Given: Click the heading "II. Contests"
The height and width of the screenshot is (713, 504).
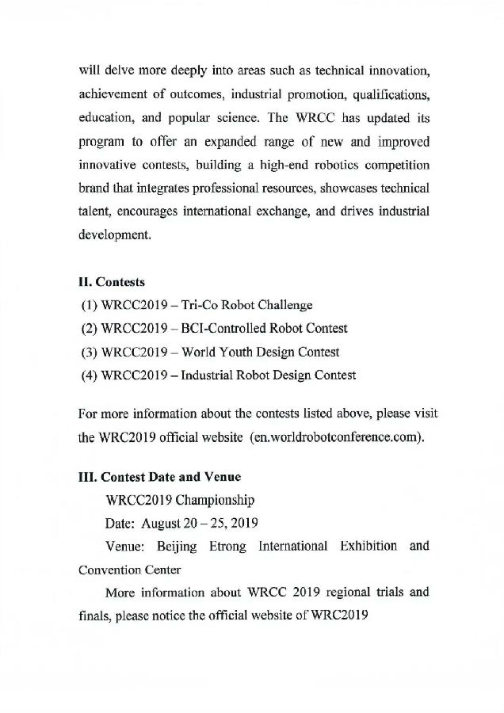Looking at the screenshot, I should tap(112, 281).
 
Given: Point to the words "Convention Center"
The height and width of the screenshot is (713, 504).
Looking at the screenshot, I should tap(130, 570).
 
